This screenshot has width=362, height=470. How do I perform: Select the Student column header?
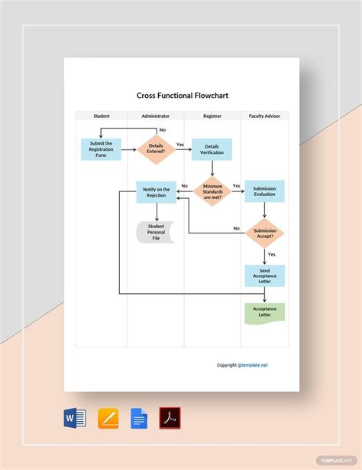pos(102,116)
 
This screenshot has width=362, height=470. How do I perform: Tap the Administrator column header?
pos(156,116)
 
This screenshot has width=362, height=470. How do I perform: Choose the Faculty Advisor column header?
pos(264,116)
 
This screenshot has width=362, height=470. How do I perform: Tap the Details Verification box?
pos(212,149)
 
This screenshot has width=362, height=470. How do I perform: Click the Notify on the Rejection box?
pos(156,191)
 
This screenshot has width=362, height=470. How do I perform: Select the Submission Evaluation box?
pos(264,191)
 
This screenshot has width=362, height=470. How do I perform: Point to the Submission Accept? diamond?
pos(264,233)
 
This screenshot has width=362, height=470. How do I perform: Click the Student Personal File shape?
pos(156,233)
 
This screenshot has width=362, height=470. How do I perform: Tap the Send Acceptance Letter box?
pos(264,275)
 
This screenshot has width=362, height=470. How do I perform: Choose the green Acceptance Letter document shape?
pos(264,312)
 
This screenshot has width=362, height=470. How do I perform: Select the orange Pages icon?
pos(108,418)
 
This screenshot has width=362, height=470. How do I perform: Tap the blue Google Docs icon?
pos(139,418)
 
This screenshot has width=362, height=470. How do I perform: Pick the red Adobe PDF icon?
pos(170,418)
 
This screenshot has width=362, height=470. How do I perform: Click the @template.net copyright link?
pos(253,365)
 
